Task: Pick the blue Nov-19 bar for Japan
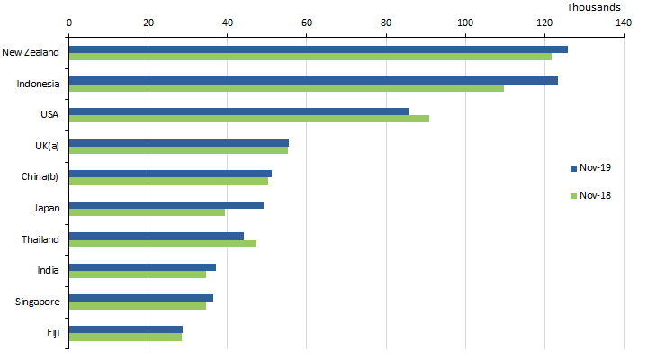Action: click(x=166, y=205)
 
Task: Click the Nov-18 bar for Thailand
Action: click(x=163, y=243)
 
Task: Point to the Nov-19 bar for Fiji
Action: click(x=126, y=329)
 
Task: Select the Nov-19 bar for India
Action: click(x=142, y=267)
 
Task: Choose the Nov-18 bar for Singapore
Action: click(x=138, y=306)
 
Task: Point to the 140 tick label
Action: click(x=624, y=22)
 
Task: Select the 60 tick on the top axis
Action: click(x=307, y=22)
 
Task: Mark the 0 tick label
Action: click(x=69, y=22)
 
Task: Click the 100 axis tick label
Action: click(x=465, y=22)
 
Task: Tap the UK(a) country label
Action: click(x=45, y=144)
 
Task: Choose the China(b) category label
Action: click(x=40, y=175)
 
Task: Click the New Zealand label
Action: click(x=31, y=52)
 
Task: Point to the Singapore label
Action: click(x=37, y=301)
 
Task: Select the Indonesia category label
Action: click(x=38, y=84)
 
